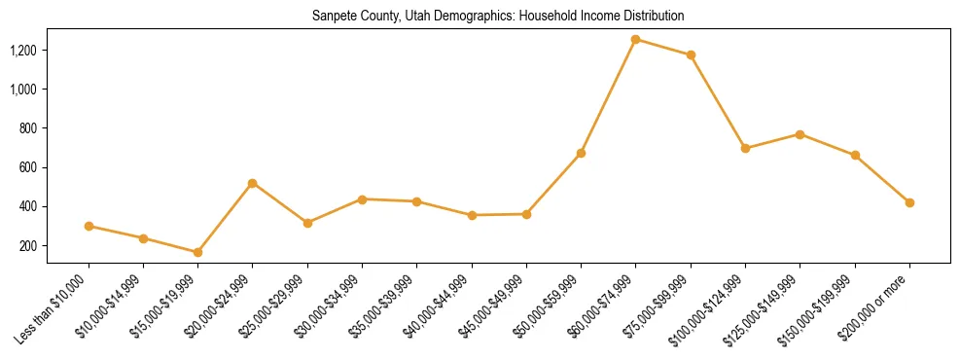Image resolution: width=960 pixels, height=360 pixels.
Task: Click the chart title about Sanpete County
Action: point(498,17)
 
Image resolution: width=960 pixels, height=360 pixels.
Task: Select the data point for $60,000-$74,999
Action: point(636,40)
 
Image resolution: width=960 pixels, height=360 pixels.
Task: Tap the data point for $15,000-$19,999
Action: point(197,252)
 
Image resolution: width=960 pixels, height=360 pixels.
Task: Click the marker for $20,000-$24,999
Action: point(253,183)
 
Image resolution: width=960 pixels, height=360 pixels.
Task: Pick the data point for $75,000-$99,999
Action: point(691,55)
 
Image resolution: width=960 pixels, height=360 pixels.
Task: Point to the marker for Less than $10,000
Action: point(89,226)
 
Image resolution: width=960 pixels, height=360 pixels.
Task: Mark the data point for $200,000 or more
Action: point(909,202)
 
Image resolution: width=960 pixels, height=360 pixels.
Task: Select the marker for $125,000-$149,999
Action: point(800,134)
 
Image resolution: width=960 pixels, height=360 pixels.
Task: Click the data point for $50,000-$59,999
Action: point(581,153)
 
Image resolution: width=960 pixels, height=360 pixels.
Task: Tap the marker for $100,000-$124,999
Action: point(745,149)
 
